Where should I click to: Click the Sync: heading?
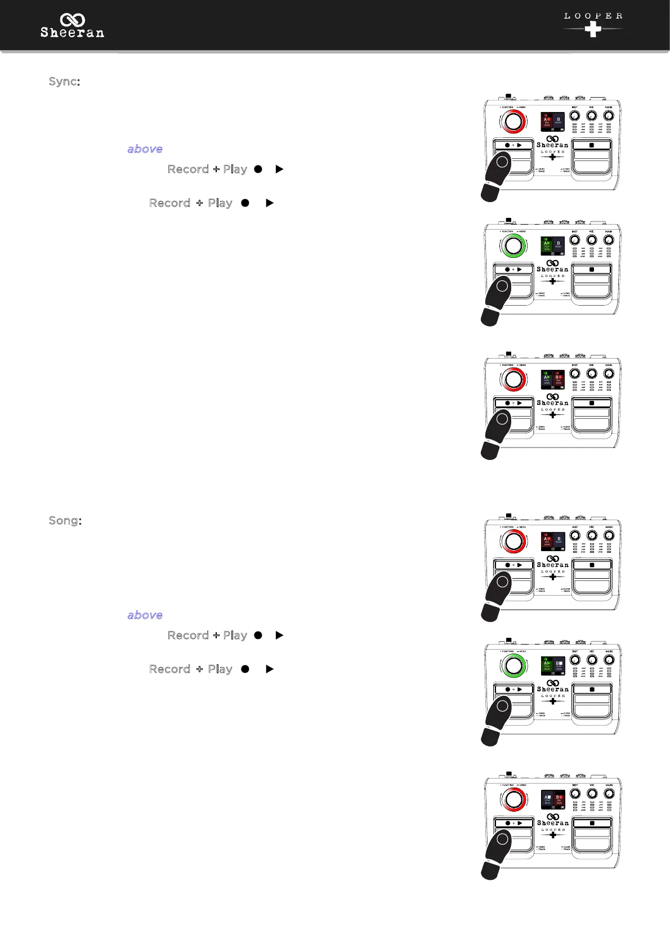[x=64, y=82]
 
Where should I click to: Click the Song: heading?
[x=65, y=521]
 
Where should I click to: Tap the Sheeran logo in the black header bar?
[x=72, y=26]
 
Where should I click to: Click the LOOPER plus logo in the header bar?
[x=593, y=25]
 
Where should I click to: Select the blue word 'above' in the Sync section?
[x=145, y=149]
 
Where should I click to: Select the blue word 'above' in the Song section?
[x=145, y=615]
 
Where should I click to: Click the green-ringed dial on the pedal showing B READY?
[x=513, y=245]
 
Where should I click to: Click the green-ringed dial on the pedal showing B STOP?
[x=513, y=665]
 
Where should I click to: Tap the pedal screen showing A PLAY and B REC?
[x=552, y=379]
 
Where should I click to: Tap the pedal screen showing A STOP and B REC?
[x=552, y=799]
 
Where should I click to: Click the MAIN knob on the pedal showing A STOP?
[x=609, y=794]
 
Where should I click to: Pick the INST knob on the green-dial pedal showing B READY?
[x=574, y=240]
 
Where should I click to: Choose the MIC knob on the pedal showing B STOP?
[x=592, y=660]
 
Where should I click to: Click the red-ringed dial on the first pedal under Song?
[x=513, y=542]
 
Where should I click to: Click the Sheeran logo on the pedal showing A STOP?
[x=552, y=819]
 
